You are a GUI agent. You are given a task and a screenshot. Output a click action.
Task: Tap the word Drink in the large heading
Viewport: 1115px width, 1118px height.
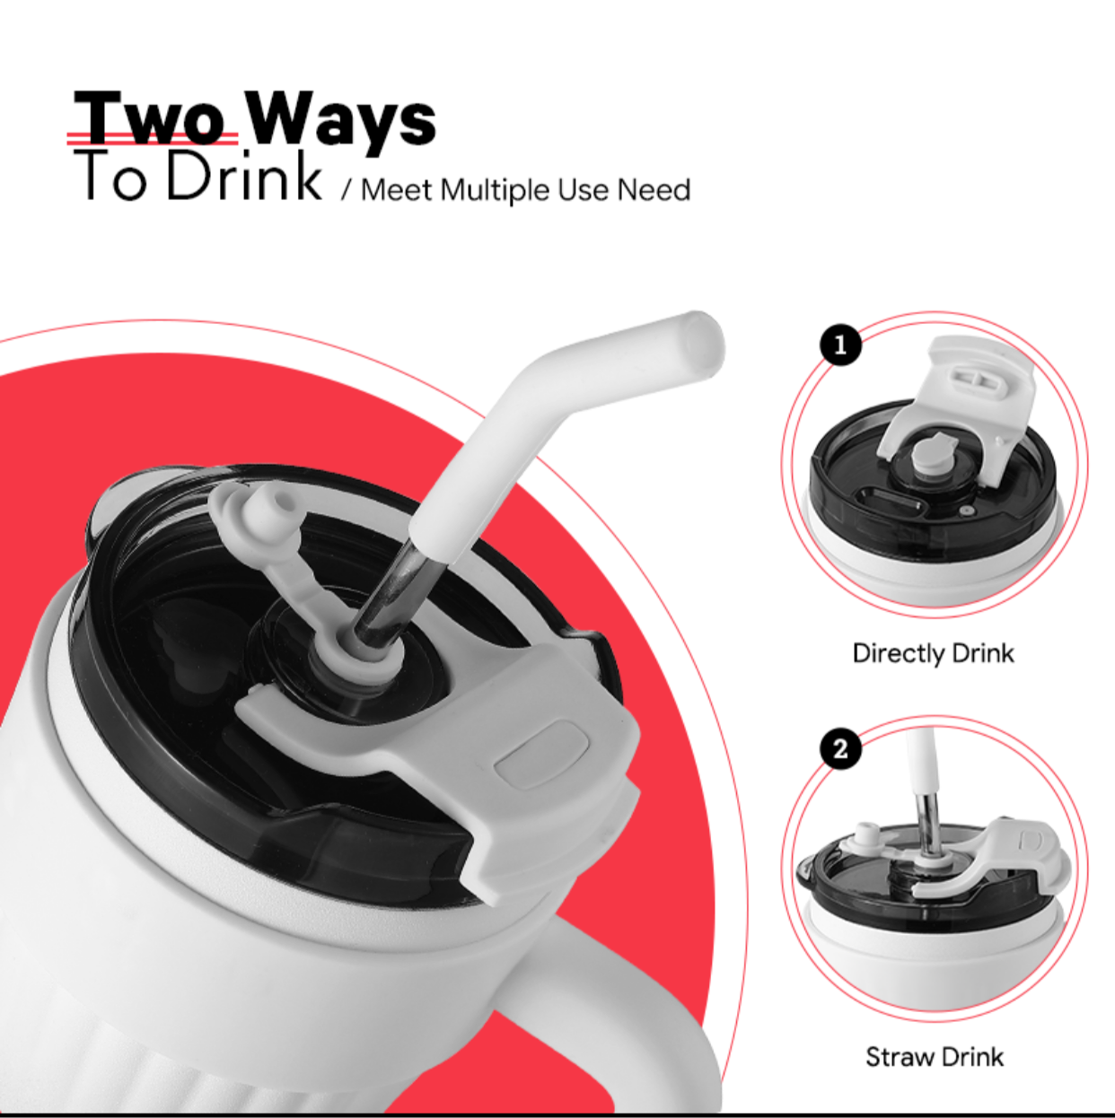click(244, 174)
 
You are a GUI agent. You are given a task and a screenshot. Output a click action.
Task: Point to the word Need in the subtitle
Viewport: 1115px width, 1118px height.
click(654, 189)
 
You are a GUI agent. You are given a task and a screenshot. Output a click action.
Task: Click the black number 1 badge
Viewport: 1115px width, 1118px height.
click(840, 345)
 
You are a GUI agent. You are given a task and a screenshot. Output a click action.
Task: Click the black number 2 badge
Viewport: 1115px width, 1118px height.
click(840, 750)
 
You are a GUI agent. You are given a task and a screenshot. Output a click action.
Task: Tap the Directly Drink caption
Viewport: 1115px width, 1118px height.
click(934, 653)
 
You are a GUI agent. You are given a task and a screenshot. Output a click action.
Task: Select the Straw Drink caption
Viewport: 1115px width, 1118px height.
click(935, 1057)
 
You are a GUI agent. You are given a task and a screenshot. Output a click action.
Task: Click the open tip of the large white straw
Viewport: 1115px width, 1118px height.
click(706, 341)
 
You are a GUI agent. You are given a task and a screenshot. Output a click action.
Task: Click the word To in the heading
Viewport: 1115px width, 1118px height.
click(110, 175)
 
